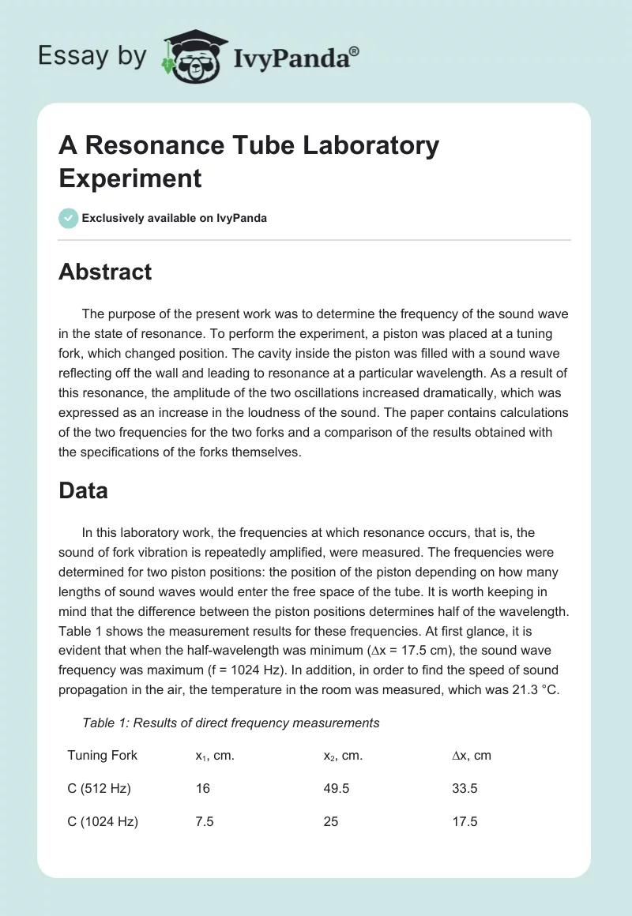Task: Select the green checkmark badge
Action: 69,218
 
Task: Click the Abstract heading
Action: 105,272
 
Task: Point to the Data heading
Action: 83,490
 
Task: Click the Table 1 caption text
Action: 231,723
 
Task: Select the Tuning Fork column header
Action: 102,756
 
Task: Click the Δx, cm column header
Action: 471,756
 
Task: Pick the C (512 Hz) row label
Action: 99,789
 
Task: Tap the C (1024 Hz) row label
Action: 103,822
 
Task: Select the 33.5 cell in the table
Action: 465,789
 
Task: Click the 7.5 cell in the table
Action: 205,822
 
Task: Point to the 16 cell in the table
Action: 202,789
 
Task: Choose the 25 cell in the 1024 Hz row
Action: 331,822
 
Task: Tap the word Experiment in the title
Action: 130,178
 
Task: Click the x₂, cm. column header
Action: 343,756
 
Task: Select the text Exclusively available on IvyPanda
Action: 174,218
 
